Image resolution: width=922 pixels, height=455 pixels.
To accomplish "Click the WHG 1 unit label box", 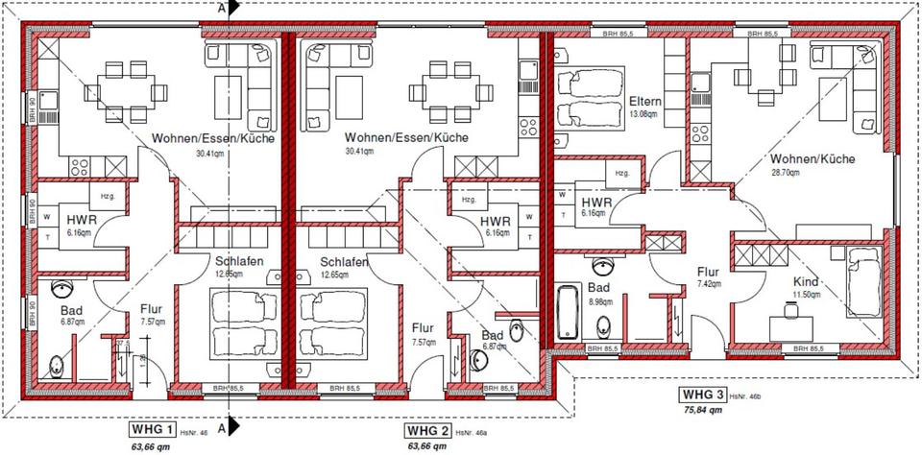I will click(x=152, y=429).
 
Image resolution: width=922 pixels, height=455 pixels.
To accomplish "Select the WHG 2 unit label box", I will click(x=426, y=429).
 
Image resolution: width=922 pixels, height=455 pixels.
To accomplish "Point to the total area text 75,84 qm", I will click(x=702, y=409).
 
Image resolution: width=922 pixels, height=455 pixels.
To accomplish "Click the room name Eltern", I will click(x=643, y=101).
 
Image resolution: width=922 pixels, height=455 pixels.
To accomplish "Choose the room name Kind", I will click(x=805, y=281).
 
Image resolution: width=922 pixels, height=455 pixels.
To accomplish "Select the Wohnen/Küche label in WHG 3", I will click(x=813, y=158).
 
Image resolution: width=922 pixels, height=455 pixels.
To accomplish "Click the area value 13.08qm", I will click(x=643, y=114).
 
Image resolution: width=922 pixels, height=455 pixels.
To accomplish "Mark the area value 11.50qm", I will click(x=805, y=294).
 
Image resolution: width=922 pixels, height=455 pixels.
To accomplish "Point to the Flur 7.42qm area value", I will click(x=709, y=285).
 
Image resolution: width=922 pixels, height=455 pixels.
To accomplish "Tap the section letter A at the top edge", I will click(x=222, y=7).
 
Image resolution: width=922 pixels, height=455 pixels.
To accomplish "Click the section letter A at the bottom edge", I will click(x=222, y=428).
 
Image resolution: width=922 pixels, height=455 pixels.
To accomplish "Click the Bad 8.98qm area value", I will click(x=600, y=300).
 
